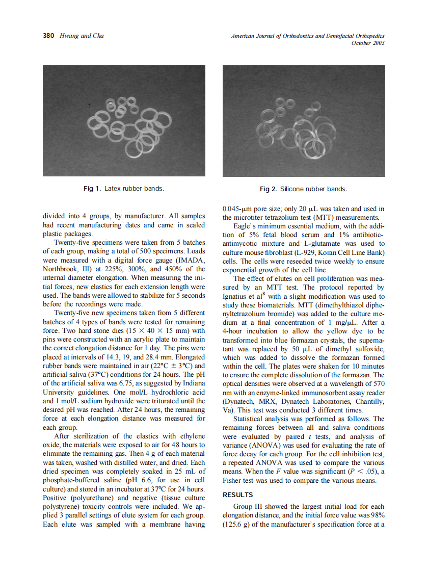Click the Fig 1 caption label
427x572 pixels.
coord(92,189)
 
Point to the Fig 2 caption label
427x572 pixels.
coord(269,189)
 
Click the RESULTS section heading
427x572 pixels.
coord(238,495)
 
